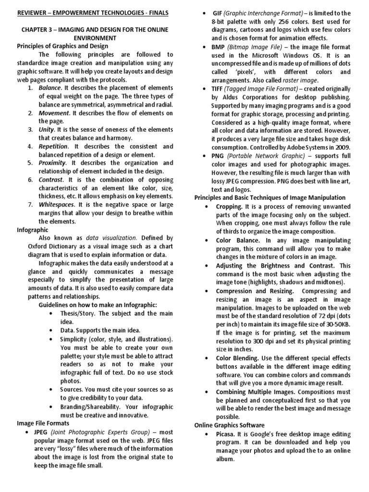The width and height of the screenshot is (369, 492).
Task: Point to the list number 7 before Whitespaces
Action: [30, 205]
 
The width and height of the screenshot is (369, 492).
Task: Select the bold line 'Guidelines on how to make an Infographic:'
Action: [98, 305]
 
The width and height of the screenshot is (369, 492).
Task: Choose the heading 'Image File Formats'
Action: [43, 423]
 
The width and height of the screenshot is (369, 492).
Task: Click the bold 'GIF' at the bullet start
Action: [217, 12]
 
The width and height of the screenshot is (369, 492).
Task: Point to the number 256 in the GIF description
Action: [280, 21]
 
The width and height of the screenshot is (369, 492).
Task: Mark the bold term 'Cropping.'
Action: [229, 206]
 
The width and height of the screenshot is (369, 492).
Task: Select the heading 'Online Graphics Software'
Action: [229, 426]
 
